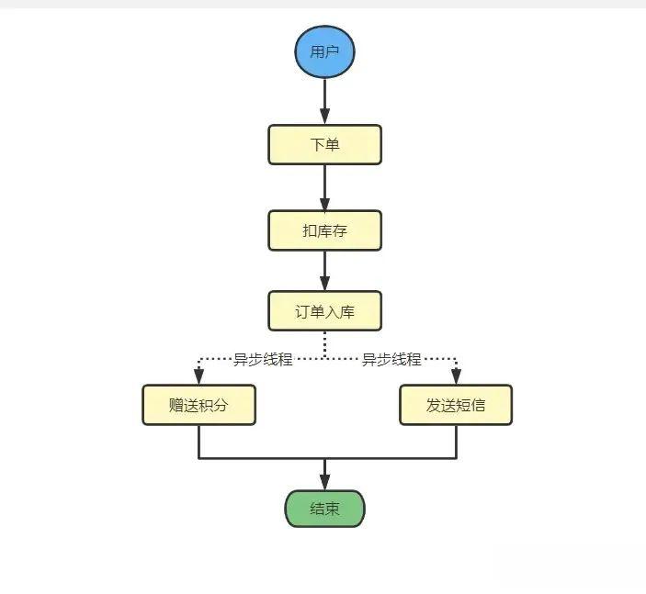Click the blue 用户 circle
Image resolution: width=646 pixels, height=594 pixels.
pos(324,51)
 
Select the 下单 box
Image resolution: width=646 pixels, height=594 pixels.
pos(324,145)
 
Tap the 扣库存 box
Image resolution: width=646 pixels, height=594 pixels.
pos(324,230)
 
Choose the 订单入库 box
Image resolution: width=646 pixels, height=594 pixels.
pos(324,311)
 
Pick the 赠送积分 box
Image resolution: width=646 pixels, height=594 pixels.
pos(198,405)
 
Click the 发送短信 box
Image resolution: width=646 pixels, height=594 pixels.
pos(456,405)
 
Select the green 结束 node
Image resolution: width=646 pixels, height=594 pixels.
pos(324,509)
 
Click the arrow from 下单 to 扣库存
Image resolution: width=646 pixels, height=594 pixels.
pos(324,187)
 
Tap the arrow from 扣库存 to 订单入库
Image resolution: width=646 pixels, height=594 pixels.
pos(324,271)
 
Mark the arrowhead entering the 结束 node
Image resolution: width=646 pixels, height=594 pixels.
pos(324,482)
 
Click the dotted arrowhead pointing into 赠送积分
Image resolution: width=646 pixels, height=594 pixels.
pos(198,376)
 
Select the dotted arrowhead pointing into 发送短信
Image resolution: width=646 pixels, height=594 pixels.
pos(456,376)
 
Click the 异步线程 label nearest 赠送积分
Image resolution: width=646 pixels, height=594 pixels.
pos(262,360)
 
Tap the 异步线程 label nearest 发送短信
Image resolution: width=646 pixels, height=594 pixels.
pos(391,360)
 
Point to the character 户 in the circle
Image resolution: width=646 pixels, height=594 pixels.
pos(332,51)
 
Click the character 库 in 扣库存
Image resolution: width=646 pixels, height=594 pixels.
pos(324,230)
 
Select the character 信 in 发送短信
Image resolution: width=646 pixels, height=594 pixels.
pos(478,405)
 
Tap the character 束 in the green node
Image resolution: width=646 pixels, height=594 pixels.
pos(332,509)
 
